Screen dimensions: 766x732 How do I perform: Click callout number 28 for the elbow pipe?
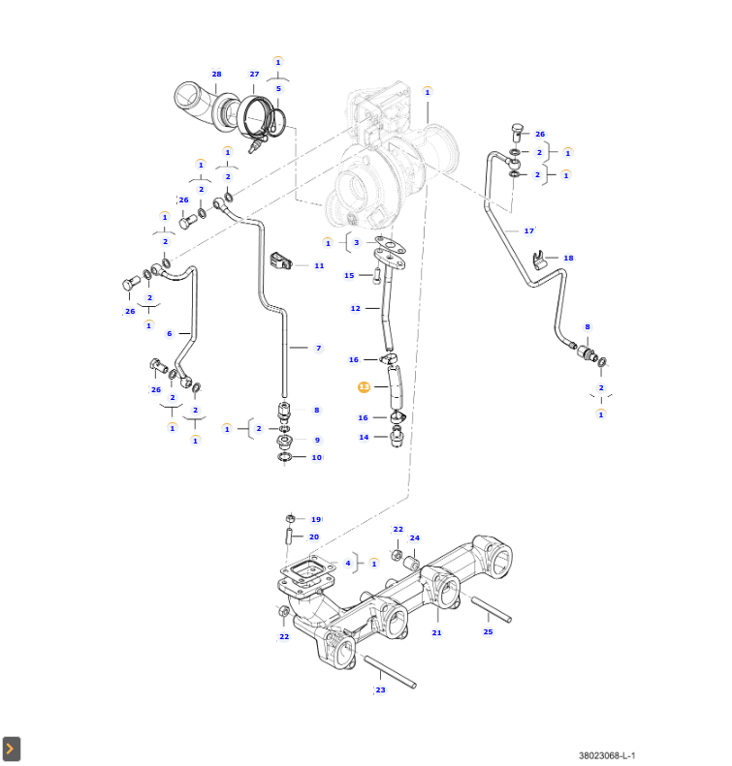pos(216,75)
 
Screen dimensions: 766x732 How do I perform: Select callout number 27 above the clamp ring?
pos(254,75)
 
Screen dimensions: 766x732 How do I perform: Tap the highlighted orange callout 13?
pos(364,386)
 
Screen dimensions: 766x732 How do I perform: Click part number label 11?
pos(319,265)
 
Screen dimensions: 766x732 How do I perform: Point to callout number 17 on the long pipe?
pos(529,230)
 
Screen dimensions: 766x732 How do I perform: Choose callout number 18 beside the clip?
pos(568,259)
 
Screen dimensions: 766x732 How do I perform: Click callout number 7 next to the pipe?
pos(318,348)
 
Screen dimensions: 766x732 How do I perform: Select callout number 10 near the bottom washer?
pos(316,457)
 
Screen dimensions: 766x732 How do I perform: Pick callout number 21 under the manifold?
pos(436,632)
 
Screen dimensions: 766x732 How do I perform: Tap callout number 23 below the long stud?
pos(380,690)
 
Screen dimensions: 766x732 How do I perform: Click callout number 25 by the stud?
pos(488,631)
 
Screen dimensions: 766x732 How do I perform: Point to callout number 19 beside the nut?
pos(315,519)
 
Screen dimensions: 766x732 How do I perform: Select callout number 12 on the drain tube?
pos(356,308)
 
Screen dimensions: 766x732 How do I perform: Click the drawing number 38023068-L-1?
pos(607,755)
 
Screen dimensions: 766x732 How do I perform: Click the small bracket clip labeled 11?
pos(283,260)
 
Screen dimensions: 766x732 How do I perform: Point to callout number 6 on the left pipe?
pos(170,333)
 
